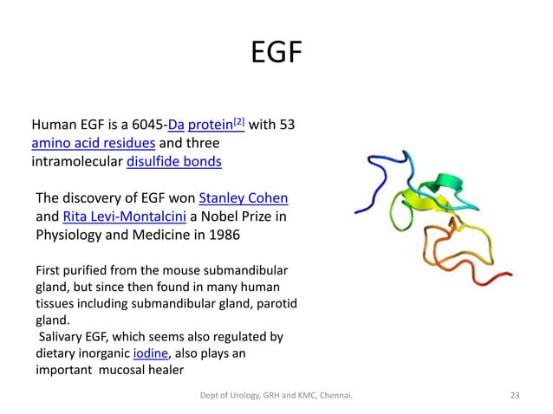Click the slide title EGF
coord(276,54)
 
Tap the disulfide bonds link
coord(174,161)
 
